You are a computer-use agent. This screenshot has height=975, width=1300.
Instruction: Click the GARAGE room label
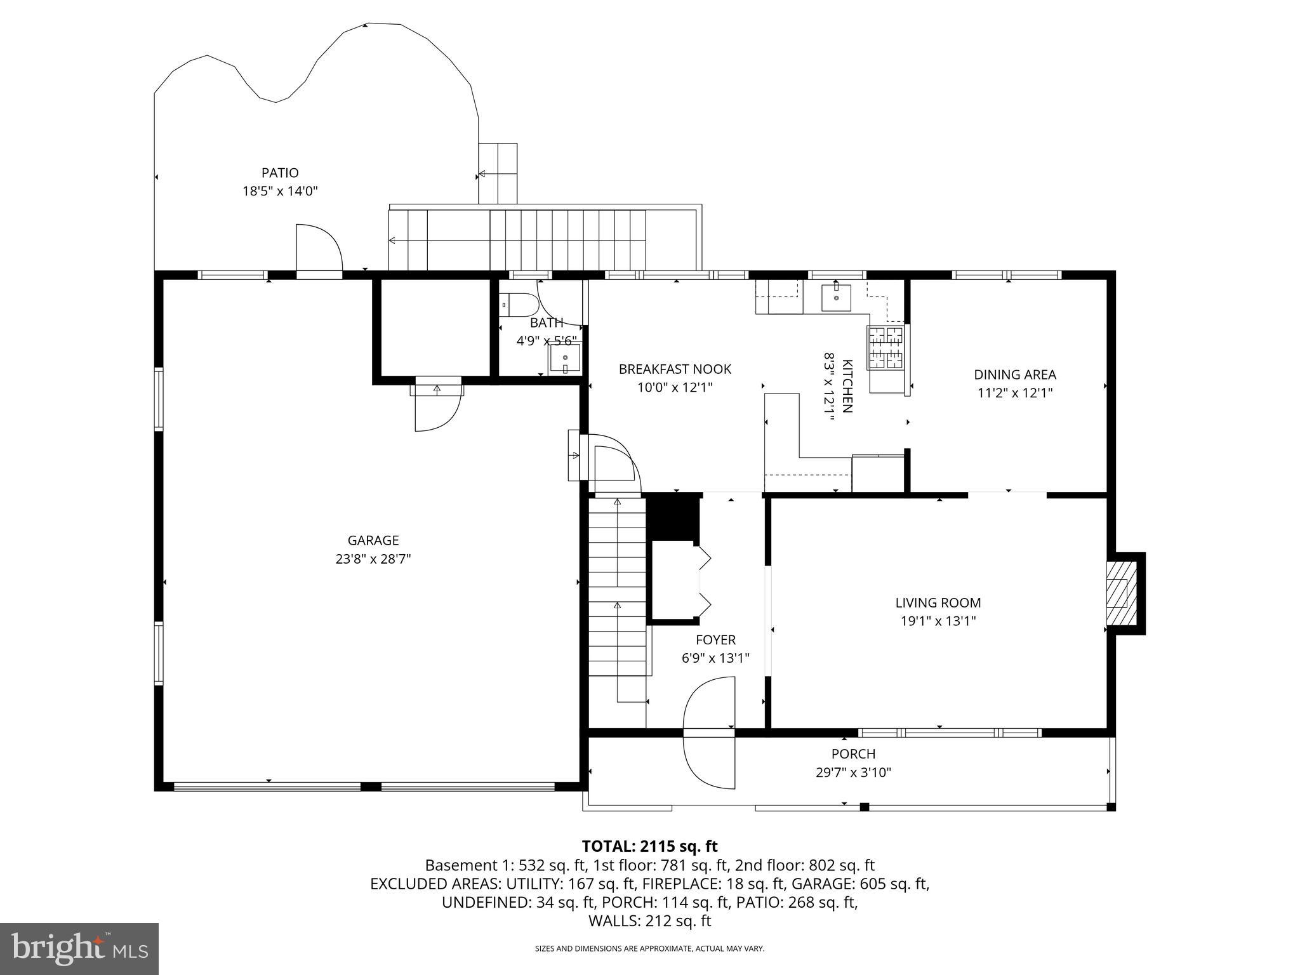(x=373, y=540)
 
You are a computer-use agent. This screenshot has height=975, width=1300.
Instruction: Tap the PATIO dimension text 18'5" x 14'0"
(x=280, y=191)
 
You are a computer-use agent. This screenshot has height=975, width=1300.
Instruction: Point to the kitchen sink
(x=836, y=298)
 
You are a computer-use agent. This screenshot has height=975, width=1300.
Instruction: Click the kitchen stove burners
(x=885, y=348)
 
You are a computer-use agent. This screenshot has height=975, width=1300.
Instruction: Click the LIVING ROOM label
(x=938, y=603)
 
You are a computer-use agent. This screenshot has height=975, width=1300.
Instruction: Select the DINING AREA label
(x=1014, y=375)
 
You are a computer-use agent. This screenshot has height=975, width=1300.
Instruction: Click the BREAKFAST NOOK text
(x=675, y=369)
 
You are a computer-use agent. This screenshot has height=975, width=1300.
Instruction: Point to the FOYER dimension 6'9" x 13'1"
(x=715, y=658)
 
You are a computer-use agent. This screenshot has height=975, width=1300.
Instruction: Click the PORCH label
(x=853, y=754)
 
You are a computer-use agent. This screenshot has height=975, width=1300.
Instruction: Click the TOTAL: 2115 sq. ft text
(x=649, y=846)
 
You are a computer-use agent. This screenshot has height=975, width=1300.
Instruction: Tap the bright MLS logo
(x=79, y=948)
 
